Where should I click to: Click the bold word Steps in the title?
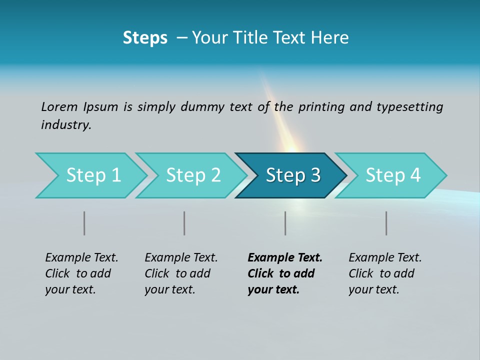145,38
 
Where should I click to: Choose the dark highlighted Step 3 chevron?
292,175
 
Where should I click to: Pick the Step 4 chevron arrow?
392,175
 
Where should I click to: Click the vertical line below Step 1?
84,223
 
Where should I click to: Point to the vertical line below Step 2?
184,223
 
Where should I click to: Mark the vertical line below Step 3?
285,223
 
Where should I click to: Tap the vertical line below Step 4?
386,223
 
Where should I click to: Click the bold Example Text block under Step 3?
285,273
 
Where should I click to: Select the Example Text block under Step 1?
81,273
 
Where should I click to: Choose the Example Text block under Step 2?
181,273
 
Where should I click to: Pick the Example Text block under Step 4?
385,273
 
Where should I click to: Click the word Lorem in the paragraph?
59,106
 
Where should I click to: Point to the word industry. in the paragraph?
66,125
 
